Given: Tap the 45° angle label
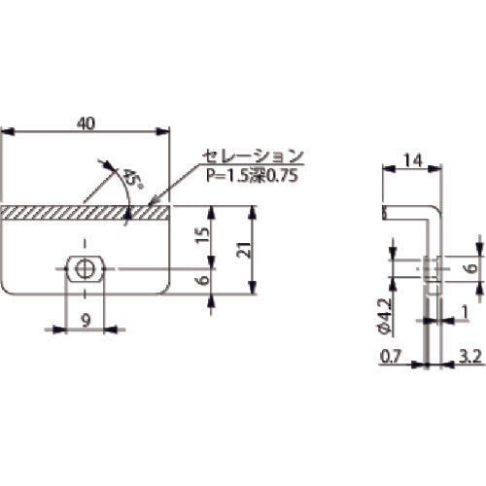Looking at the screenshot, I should (x=127, y=179).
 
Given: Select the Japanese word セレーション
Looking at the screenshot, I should (x=252, y=156).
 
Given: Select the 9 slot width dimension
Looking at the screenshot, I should (x=87, y=318).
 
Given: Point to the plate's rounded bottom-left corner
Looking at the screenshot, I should (x=7, y=290).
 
